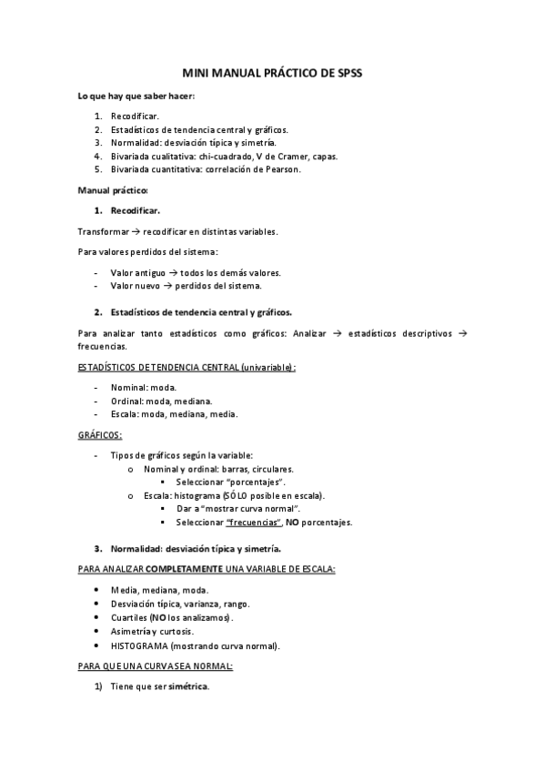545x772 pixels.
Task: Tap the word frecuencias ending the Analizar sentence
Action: (102, 347)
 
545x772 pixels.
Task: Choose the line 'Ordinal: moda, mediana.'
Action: (161, 401)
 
